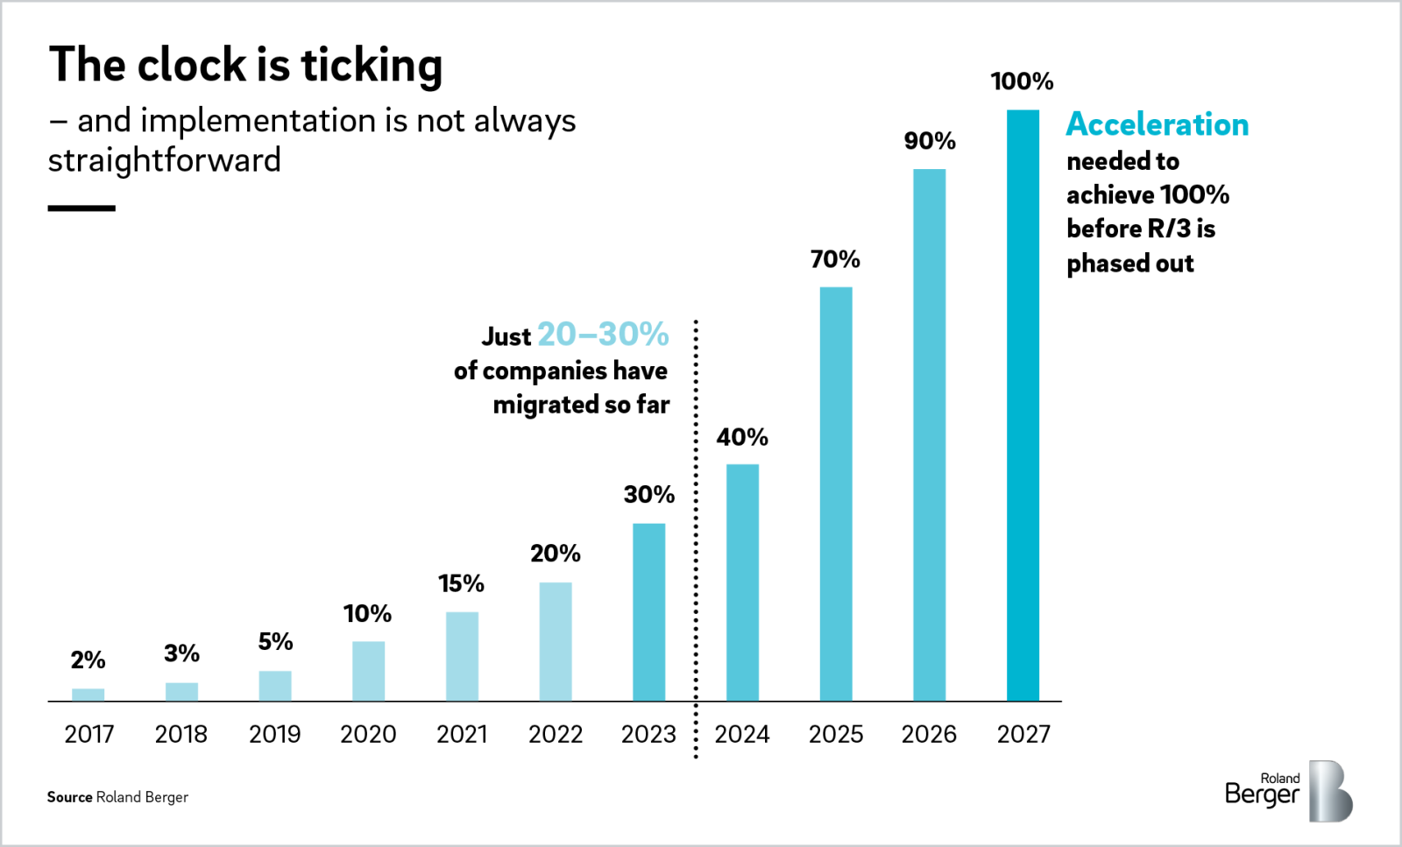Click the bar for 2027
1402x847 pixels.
tap(1023, 405)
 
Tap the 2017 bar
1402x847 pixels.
tap(88, 695)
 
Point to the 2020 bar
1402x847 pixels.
tap(368, 670)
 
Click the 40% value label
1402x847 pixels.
tap(742, 437)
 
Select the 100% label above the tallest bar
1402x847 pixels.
tap(1022, 81)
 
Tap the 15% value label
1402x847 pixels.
tap(461, 583)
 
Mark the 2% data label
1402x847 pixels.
tap(88, 660)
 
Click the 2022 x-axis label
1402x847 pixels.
tap(556, 734)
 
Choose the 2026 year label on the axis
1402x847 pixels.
tap(929, 734)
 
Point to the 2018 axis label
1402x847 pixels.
tap(181, 734)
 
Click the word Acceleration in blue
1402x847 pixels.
tap(1157, 124)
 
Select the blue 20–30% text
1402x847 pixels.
tap(603, 335)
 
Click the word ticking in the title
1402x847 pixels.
tap(372, 66)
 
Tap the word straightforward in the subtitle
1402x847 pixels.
tap(165, 160)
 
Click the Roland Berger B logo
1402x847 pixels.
tap(1329, 791)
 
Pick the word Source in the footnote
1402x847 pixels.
tap(69, 797)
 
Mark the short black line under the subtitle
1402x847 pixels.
tap(81, 208)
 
